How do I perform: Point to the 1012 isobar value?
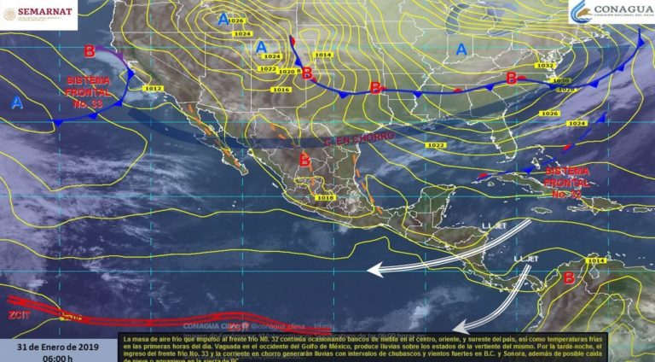[x=154, y=88]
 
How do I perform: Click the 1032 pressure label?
[x=545, y=65]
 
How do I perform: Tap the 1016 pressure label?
[x=281, y=90]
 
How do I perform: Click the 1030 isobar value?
[x=560, y=81]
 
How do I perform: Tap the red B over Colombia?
[x=568, y=277]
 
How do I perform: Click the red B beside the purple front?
[x=90, y=51]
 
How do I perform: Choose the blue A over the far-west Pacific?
[x=16, y=102]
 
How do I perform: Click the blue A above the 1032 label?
[x=461, y=50]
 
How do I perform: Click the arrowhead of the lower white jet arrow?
[x=455, y=328]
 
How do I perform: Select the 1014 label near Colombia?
[x=596, y=260]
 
